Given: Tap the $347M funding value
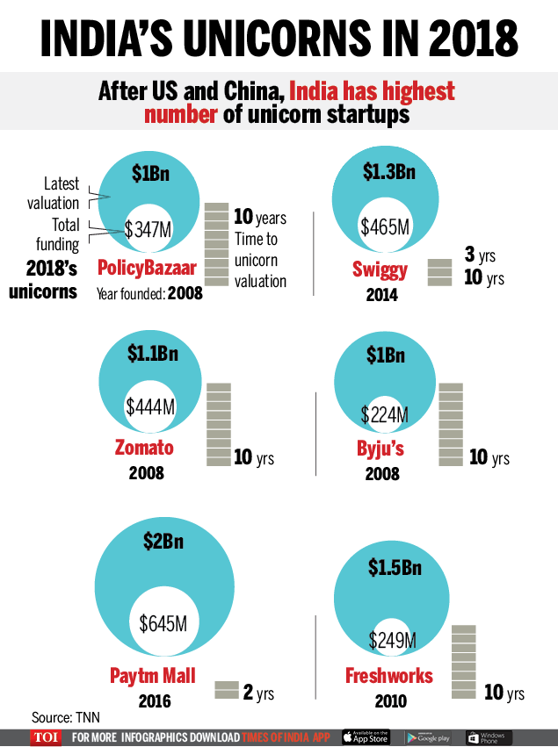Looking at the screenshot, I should tap(148, 230).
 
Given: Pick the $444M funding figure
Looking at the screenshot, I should tap(150, 406).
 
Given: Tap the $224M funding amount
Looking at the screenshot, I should tap(384, 414).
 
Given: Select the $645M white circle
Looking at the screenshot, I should tap(163, 624).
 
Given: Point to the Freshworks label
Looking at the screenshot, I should tap(389, 676).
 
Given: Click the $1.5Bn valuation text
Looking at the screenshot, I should tap(393, 568).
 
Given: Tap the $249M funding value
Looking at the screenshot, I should tap(393, 640).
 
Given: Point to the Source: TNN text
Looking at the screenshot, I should tap(65, 716).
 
